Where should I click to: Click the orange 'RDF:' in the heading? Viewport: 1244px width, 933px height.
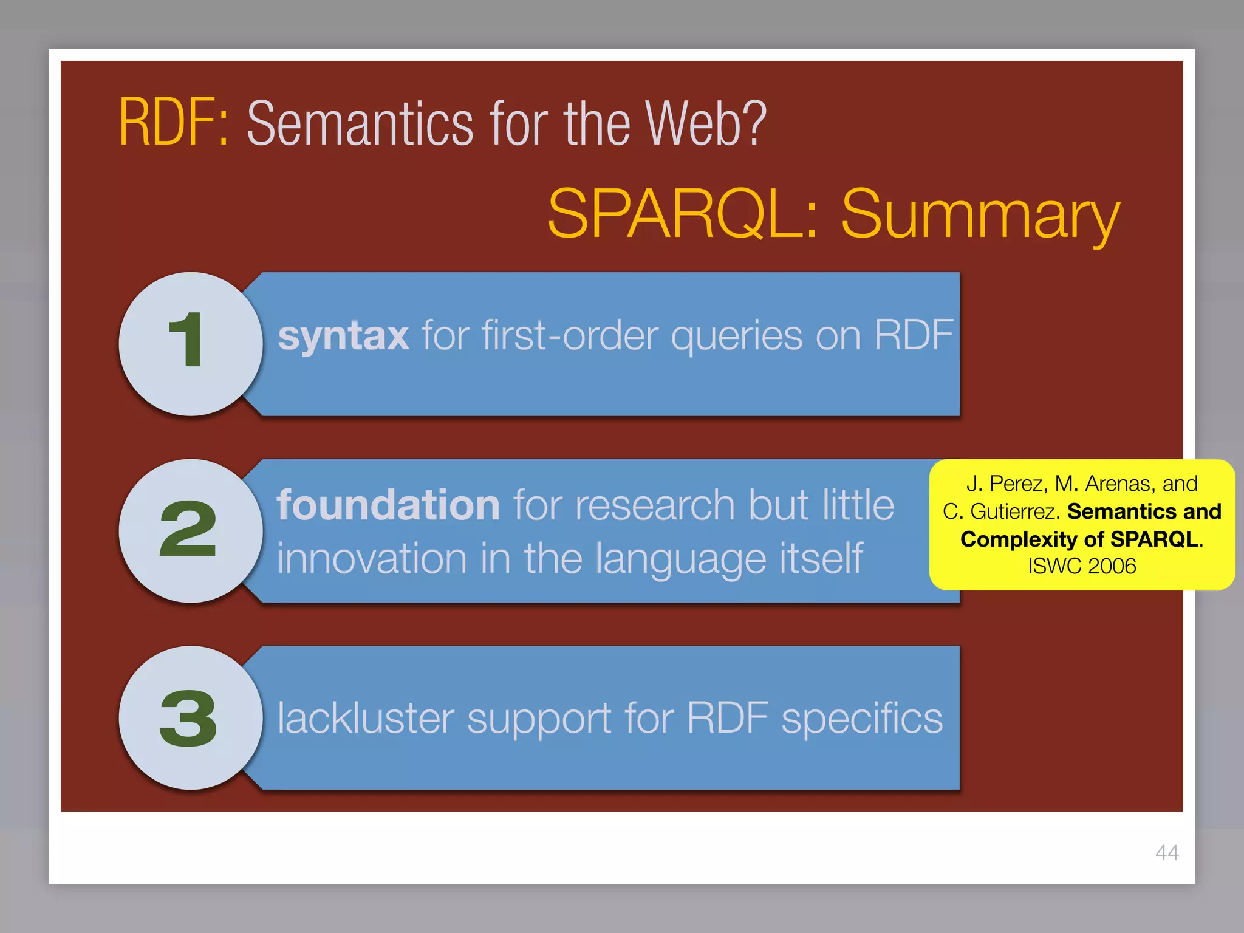[174, 123]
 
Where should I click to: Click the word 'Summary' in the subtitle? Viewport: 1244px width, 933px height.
[980, 216]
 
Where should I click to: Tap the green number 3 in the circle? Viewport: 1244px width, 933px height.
[188, 719]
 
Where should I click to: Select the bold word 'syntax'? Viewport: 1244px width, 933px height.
[343, 336]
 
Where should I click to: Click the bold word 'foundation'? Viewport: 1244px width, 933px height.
[388, 505]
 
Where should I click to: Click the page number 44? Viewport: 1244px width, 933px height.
[1166, 852]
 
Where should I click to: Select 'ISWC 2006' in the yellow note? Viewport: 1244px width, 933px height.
[1082, 566]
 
